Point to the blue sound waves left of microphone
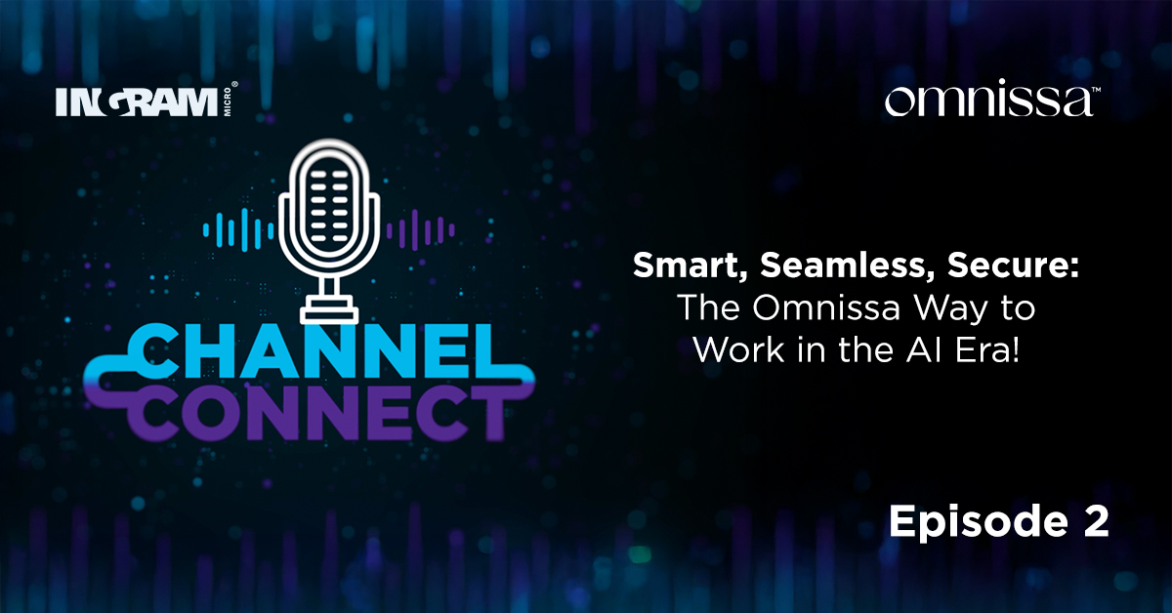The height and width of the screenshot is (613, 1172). [234, 231]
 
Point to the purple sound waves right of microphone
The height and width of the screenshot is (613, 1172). [421, 231]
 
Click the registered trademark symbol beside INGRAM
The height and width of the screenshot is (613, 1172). [234, 86]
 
